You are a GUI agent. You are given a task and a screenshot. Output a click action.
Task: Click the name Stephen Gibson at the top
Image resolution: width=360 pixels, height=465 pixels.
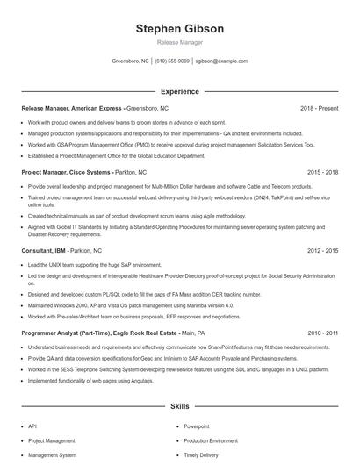pyautogui.click(x=179, y=28)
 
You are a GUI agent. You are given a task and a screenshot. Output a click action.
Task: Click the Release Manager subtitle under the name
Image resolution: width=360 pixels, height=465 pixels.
pyautogui.click(x=179, y=42)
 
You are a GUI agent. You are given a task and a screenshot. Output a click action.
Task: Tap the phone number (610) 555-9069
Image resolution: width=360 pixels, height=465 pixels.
pyautogui.click(x=172, y=61)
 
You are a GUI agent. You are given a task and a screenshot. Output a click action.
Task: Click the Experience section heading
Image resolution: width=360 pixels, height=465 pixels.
pyautogui.click(x=179, y=91)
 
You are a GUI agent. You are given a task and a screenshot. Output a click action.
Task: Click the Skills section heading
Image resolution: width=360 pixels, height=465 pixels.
pyautogui.click(x=179, y=407)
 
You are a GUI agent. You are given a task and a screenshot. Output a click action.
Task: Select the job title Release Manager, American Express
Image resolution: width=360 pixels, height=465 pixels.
pyautogui.click(x=72, y=108)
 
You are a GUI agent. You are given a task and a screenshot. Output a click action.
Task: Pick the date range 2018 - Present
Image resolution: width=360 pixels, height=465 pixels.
pyautogui.click(x=319, y=108)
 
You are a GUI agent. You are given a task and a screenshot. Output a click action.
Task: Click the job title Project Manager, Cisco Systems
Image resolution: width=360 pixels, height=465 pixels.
pyautogui.click(x=67, y=173)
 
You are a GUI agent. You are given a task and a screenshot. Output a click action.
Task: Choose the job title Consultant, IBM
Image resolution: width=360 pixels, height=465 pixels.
pyautogui.click(x=45, y=250)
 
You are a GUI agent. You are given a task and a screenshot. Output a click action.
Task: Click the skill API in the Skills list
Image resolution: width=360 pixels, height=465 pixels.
pyautogui.click(x=32, y=426)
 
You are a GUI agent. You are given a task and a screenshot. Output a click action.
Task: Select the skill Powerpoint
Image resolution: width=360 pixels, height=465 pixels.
pyautogui.click(x=197, y=426)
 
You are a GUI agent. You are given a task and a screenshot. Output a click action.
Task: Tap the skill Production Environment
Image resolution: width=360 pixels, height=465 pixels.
pyautogui.click(x=211, y=440)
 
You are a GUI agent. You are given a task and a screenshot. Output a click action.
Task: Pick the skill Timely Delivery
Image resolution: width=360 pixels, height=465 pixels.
pyautogui.click(x=202, y=455)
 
